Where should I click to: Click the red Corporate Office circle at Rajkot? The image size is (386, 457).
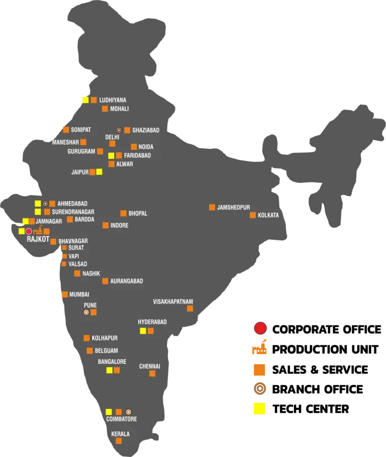[29, 231]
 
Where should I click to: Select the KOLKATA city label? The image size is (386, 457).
[268, 215]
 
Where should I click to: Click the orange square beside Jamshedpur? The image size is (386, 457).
[212, 207]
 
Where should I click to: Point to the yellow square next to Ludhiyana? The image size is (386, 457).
[85, 100]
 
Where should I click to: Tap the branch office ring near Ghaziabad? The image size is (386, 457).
[119, 130]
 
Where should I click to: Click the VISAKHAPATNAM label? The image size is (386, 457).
[173, 302]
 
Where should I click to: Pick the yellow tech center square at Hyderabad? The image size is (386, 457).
[143, 331]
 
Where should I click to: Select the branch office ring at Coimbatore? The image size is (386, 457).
[129, 412]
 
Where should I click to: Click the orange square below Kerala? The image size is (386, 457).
[119, 441]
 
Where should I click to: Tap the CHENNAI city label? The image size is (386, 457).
[149, 367]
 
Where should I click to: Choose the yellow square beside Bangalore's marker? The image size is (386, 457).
[109, 370]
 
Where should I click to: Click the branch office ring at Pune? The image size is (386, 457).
[86, 312]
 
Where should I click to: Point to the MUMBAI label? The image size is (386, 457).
[79, 295]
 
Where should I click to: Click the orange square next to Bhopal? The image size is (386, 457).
[123, 213]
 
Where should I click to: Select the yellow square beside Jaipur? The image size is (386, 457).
[99, 171]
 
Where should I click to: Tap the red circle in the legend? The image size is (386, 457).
[260, 328]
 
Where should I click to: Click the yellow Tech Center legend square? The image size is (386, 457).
[259, 409]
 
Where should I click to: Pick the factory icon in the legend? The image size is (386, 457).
[259, 347]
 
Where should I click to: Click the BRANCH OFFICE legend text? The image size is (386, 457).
[318, 390]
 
